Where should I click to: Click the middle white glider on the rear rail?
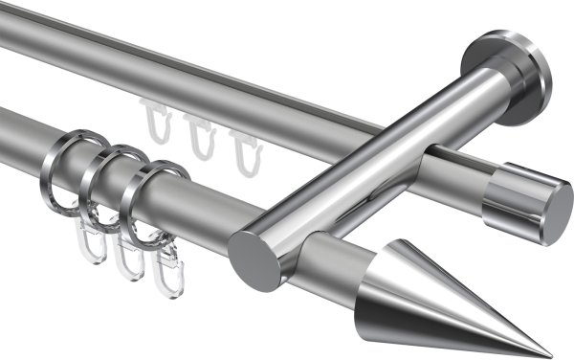(x=198, y=136)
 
